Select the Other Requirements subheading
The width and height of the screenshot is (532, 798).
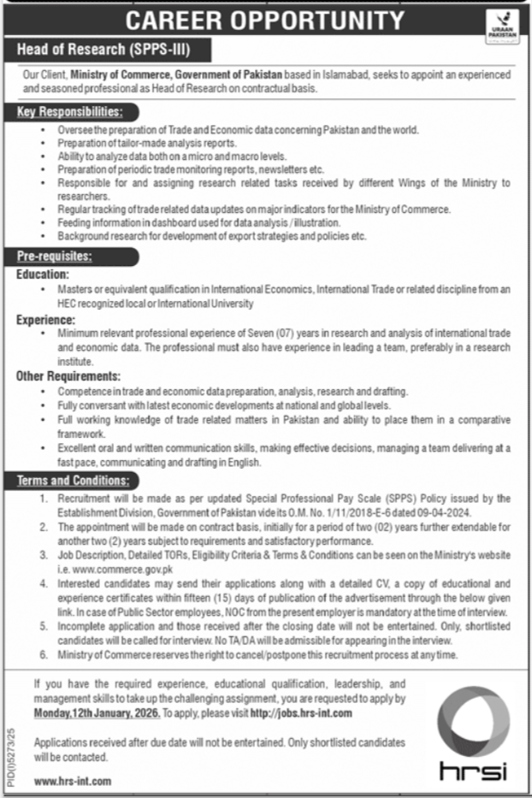tap(68, 375)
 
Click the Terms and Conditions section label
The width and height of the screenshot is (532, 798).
tap(72, 481)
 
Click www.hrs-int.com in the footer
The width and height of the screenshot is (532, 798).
tap(73, 781)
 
